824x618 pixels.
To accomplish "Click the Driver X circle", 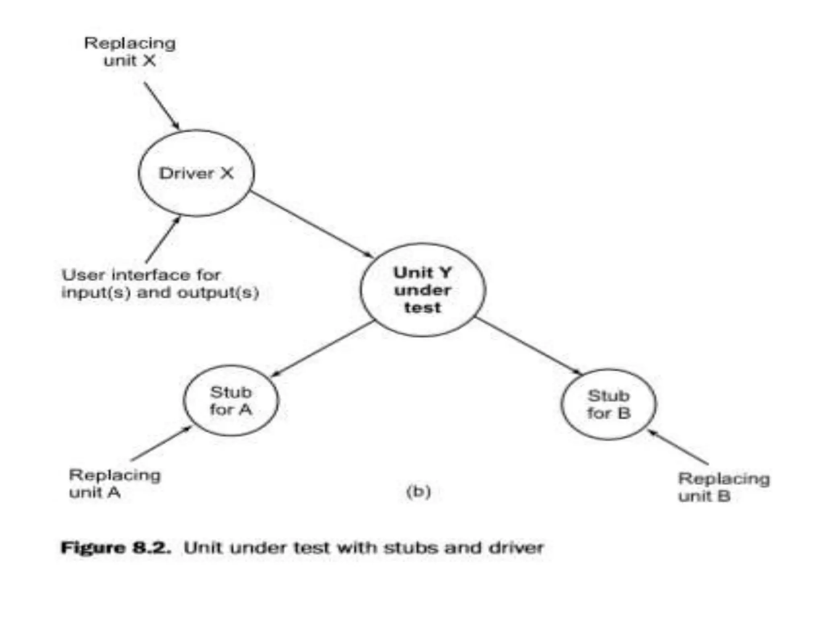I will pos(196,173).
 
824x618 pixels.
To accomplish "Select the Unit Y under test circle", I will pos(422,290).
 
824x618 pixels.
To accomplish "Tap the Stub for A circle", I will pos(231,401).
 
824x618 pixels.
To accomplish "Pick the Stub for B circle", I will pos(608,404).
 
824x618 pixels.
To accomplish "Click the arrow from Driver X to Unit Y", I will pos(312,224).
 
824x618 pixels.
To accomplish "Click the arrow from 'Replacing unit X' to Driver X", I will pos(162,106).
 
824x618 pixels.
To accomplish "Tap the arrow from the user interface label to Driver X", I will pos(163,240).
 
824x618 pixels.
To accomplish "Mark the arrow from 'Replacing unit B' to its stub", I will pos(678,447).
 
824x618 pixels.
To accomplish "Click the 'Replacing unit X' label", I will pos(130,52).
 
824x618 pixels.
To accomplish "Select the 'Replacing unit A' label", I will pos(115,484).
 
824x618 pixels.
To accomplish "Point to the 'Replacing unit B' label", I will pos(724,487).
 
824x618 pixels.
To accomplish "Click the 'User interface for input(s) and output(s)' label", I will pos(160,284).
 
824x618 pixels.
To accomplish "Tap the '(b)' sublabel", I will pos(418,492).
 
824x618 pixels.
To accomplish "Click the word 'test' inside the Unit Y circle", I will pos(422,308).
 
